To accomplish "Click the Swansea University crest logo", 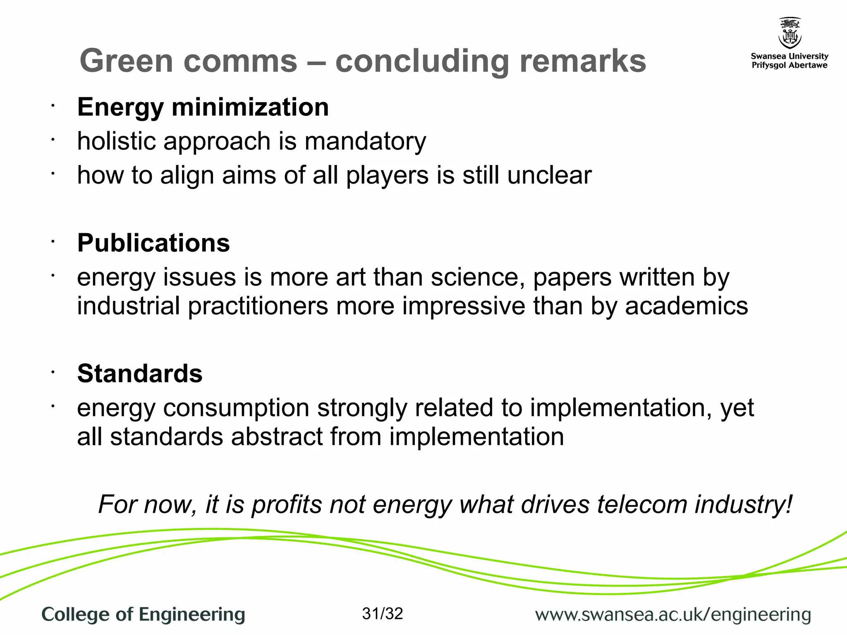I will (790, 33).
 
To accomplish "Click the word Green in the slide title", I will (126, 61).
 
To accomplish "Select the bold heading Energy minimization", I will (203, 107).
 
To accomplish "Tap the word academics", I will (686, 306).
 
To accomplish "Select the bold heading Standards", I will (140, 373).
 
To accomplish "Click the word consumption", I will (236, 408).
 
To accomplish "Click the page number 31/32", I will (382, 614).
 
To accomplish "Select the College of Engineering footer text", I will (143, 615).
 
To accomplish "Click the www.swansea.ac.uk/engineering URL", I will (673, 615).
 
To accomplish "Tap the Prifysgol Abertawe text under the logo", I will (790, 65).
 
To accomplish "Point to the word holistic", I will (116, 141).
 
